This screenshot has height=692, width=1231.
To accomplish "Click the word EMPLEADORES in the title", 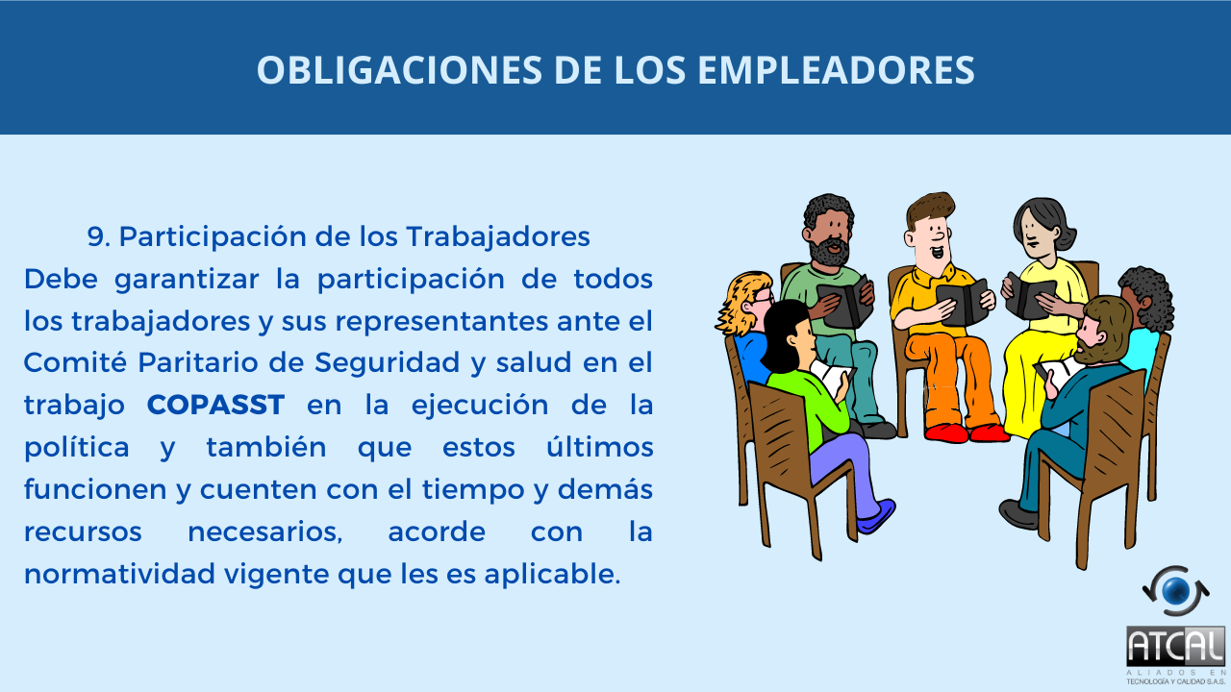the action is pyautogui.click(x=836, y=70).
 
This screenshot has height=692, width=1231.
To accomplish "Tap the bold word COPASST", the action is pyautogui.click(x=215, y=405).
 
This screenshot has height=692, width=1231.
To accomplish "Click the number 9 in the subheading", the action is pyautogui.click(x=98, y=236).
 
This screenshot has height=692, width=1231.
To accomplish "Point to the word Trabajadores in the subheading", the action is pyautogui.click(x=498, y=236).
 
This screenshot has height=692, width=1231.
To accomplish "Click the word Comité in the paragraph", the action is pyautogui.click(x=75, y=362).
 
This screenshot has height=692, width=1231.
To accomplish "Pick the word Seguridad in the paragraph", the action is pyautogui.click(x=387, y=362).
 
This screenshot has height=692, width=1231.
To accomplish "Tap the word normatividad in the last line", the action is pyautogui.click(x=119, y=574).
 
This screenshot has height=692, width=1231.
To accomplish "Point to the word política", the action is pyautogui.click(x=76, y=448).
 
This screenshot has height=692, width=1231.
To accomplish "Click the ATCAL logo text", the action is pyautogui.click(x=1175, y=647).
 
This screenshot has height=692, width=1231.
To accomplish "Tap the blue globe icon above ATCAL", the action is pyautogui.click(x=1175, y=590).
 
